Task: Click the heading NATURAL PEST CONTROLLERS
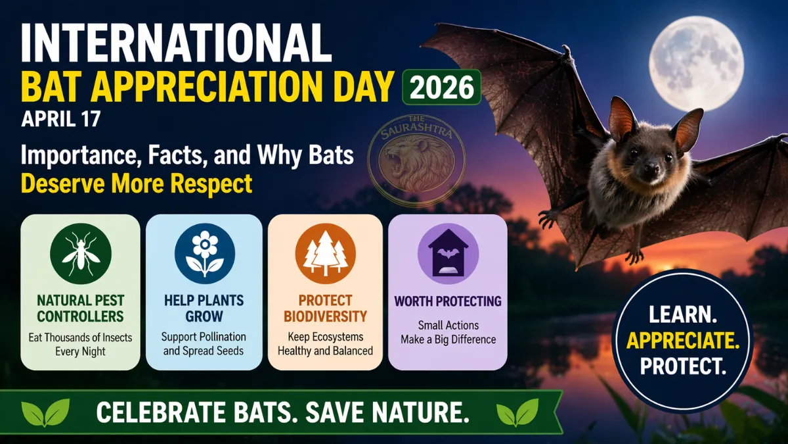pos(80,308)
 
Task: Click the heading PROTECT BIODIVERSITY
pos(325,308)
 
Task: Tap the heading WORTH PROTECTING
pos(448,301)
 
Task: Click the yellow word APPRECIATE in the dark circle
pos(682,341)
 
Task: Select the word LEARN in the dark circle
pos(682,315)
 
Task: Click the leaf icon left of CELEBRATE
pos(46,412)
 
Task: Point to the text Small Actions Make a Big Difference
pos(448,333)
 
